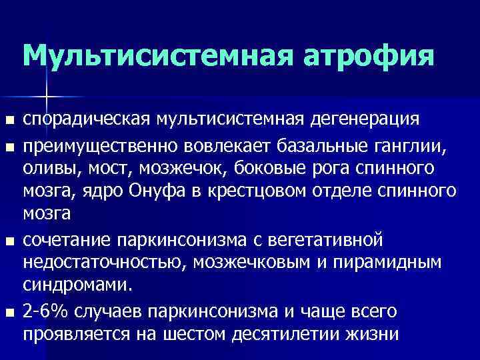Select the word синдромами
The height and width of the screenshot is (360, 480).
point(78,285)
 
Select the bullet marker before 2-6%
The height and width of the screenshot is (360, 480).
point(9,311)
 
